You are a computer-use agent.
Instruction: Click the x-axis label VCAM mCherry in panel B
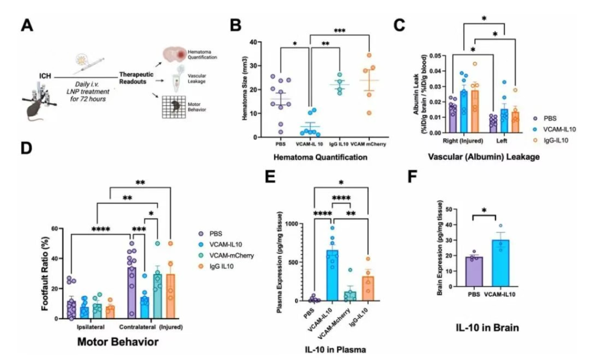pos(371,145)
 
